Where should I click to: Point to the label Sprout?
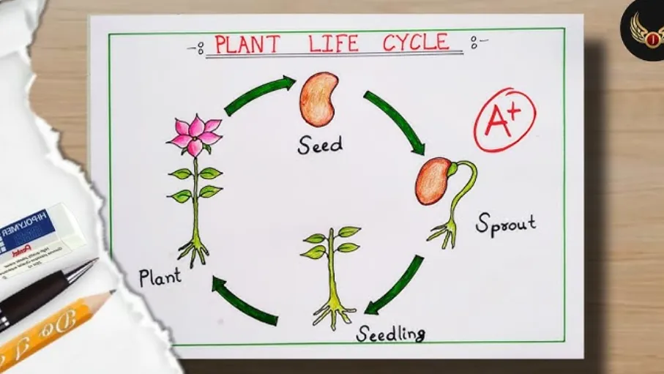505,222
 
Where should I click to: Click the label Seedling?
390,334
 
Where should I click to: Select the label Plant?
160,277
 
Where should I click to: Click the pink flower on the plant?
195,135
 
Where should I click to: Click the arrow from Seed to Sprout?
395,121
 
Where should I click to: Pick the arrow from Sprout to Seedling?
395,285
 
